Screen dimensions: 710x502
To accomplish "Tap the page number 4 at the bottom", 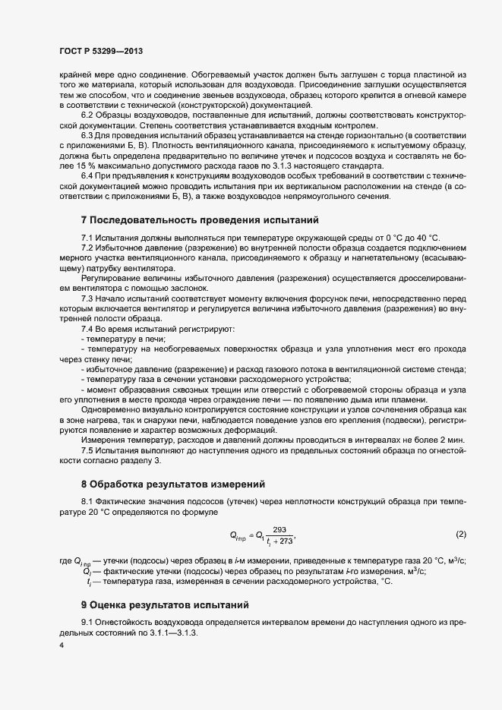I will (x=62, y=646).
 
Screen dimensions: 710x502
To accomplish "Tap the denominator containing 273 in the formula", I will (x=279, y=541).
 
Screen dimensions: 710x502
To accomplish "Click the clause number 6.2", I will (x=87, y=113).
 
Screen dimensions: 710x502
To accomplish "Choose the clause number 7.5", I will (x=87, y=450).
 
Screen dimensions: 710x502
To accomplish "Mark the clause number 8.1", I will (x=87, y=502).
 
